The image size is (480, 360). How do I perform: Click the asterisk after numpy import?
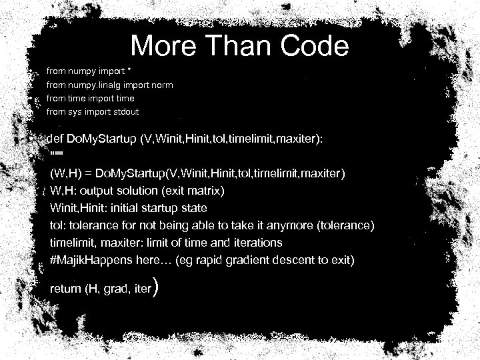[x=129, y=70]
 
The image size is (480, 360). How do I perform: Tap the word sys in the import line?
[x=75, y=111]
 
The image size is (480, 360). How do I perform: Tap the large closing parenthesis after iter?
[x=155, y=287]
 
